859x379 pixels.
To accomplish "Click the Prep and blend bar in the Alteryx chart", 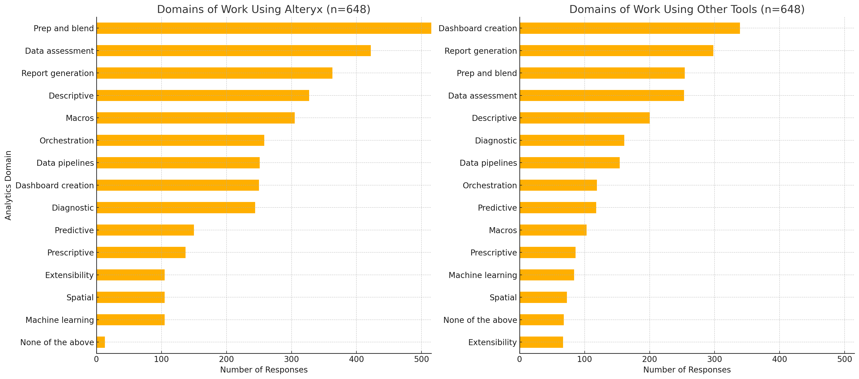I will tap(264, 28).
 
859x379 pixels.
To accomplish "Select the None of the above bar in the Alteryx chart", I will tap(101, 342).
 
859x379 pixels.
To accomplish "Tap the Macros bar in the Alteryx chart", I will tap(196, 118).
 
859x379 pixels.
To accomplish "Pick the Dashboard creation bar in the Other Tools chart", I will tap(630, 28).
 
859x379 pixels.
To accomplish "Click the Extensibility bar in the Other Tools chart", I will tap(541, 342).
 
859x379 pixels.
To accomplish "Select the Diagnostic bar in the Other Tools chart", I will tap(572, 141).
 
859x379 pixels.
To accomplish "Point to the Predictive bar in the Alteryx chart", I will tap(145, 230).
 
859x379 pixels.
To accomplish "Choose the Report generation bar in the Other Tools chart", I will tap(616, 51).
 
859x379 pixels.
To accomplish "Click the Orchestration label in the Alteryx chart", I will tap(67, 141).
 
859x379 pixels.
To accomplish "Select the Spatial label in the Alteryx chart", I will tap(80, 298).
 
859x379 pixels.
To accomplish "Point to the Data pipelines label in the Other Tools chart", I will tap(488, 163).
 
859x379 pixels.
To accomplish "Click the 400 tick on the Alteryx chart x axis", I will tap(356, 359).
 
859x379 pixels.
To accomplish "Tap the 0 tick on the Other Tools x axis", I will tap(520, 359).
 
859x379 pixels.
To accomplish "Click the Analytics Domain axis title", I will tap(8, 185).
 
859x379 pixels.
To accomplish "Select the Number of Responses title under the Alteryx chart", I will tap(264, 370).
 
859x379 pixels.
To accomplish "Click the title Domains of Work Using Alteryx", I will tap(264, 9).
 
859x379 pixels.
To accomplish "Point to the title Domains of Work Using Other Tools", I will tap(687, 9).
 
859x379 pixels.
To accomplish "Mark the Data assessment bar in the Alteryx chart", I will tap(234, 51).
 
